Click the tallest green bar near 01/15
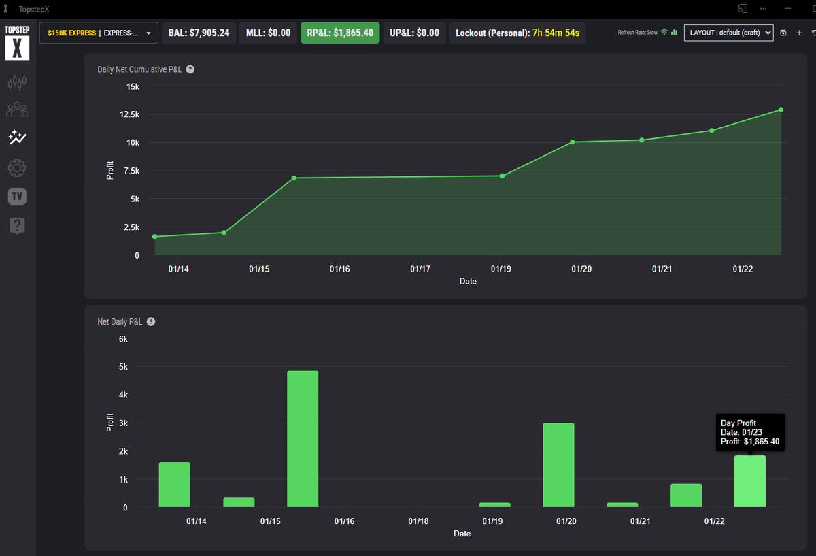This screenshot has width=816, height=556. [x=303, y=439]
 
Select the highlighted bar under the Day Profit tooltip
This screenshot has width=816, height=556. [x=750, y=481]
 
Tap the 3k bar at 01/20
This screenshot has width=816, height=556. [x=558, y=465]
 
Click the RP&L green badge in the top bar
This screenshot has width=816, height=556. [x=340, y=33]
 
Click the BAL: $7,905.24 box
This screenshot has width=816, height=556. [x=199, y=33]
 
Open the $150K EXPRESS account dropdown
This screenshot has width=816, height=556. [x=99, y=33]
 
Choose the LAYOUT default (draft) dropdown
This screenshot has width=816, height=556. [x=729, y=33]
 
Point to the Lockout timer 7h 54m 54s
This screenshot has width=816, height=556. [x=556, y=33]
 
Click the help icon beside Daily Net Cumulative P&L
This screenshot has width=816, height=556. [x=190, y=69]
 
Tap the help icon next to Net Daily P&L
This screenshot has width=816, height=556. [x=151, y=321]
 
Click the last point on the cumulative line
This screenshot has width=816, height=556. [x=781, y=110]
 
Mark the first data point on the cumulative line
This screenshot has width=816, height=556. [x=155, y=237]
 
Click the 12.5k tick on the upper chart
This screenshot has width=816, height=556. [x=129, y=114]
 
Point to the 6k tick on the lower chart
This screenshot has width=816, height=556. [x=122, y=338]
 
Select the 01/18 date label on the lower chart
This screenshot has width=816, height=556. [x=418, y=521]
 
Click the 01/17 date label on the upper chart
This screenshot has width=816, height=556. [x=420, y=269]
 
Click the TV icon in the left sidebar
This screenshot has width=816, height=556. [x=17, y=197]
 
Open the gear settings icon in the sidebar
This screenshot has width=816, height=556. [x=17, y=167]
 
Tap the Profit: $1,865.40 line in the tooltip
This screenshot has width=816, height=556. [x=749, y=442]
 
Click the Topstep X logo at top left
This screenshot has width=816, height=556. [x=17, y=43]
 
